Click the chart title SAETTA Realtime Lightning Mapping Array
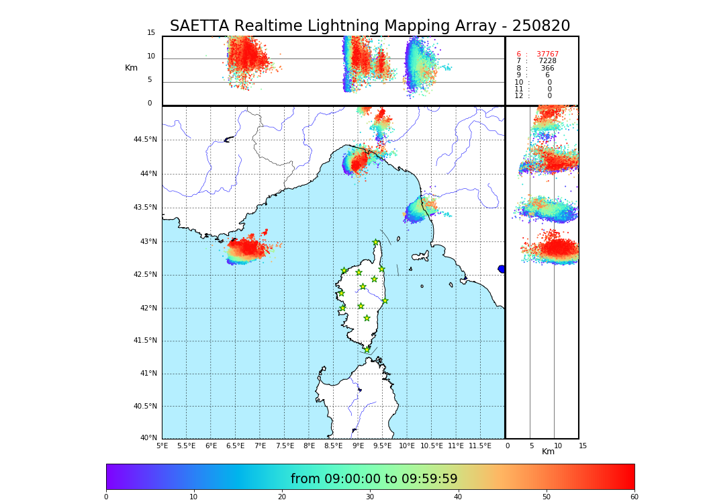click(x=369, y=26)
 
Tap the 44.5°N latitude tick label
click(x=145, y=140)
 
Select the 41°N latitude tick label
click(x=147, y=374)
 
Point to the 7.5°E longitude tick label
click(x=285, y=446)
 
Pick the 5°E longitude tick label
click(x=162, y=446)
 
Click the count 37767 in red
click(x=547, y=54)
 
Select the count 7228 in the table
click(x=547, y=61)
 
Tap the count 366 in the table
click(x=547, y=69)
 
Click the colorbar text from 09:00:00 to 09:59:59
click(x=374, y=479)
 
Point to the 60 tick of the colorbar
click(x=634, y=497)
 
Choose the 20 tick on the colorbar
click(x=282, y=497)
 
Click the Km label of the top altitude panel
click(x=131, y=68)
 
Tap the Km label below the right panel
click(x=548, y=452)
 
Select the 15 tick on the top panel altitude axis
click(x=151, y=33)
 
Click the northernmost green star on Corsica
click(x=376, y=243)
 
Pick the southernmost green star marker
click(x=367, y=349)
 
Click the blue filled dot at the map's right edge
click(x=502, y=269)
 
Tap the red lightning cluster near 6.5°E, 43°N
click(x=246, y=250)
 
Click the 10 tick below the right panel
click(x=558, y=446)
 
